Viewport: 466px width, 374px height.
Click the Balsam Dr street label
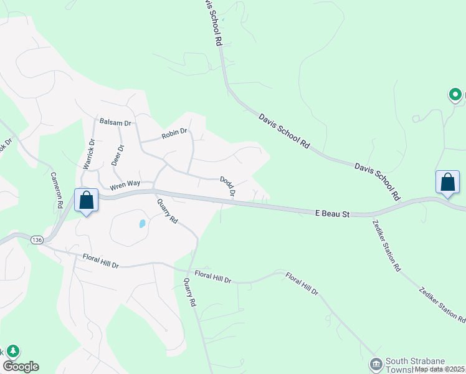[115, 123]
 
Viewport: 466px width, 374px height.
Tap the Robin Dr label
[174, 132]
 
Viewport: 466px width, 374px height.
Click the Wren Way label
[125, 185]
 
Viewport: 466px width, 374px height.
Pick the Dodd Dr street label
[227, 186]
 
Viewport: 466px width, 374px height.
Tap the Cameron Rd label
[57, 189]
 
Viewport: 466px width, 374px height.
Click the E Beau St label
[333, 214]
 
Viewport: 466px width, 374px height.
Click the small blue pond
[142, 223]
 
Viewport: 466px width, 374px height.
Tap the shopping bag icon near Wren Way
[86, 201]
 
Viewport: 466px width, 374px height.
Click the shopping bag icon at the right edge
[447, 182]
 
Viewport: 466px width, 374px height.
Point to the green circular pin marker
[455, 95]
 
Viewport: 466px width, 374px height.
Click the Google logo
[21, 367]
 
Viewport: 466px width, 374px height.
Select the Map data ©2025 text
[440, 369]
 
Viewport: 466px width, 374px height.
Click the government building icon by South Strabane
[376, 363]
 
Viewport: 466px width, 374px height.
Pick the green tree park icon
[12, 352]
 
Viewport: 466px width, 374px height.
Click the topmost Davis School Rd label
[212, 23]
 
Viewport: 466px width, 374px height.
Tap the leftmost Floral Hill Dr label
[100, 261]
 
